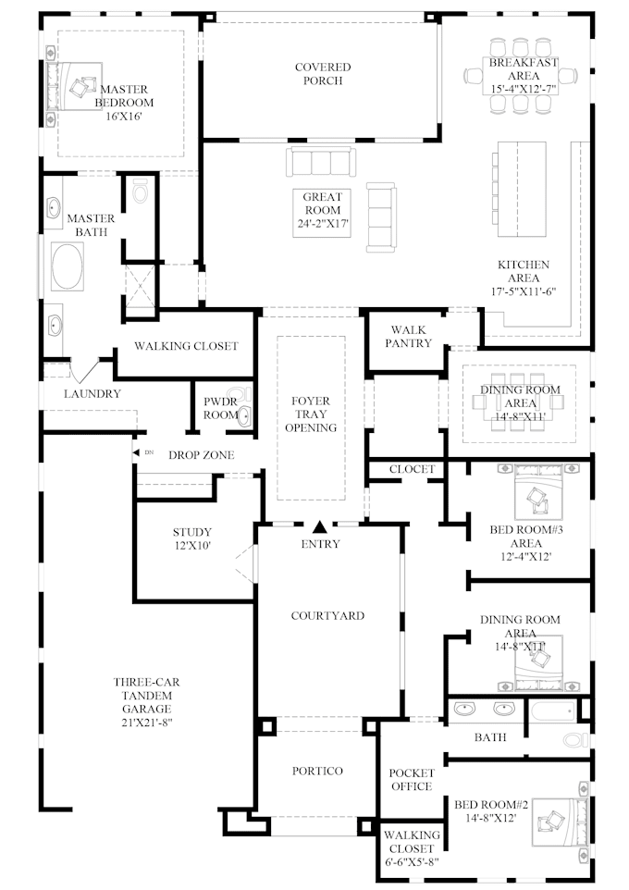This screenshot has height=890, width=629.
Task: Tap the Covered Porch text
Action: coord(323,74)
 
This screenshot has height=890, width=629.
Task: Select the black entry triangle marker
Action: coord(320,526)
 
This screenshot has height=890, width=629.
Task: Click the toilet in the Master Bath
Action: coord(141,192)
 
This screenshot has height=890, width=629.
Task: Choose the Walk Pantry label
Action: coord(411,336)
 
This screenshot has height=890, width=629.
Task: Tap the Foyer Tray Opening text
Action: coord(311,414)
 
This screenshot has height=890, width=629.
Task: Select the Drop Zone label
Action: coord(202,455)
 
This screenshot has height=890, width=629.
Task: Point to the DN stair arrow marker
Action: coord(142,453)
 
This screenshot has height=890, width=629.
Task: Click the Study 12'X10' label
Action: coord(192,539)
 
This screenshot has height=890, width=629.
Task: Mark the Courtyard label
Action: coord(327,615)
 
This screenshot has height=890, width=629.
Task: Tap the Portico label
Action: coord(317,771)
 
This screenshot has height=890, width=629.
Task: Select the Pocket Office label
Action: coord(411,780)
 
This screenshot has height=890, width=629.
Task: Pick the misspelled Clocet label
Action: coord(412,469)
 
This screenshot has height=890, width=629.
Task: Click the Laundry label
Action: coord(92,394)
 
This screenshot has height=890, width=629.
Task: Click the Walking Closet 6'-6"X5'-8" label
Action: coord(411,848)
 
